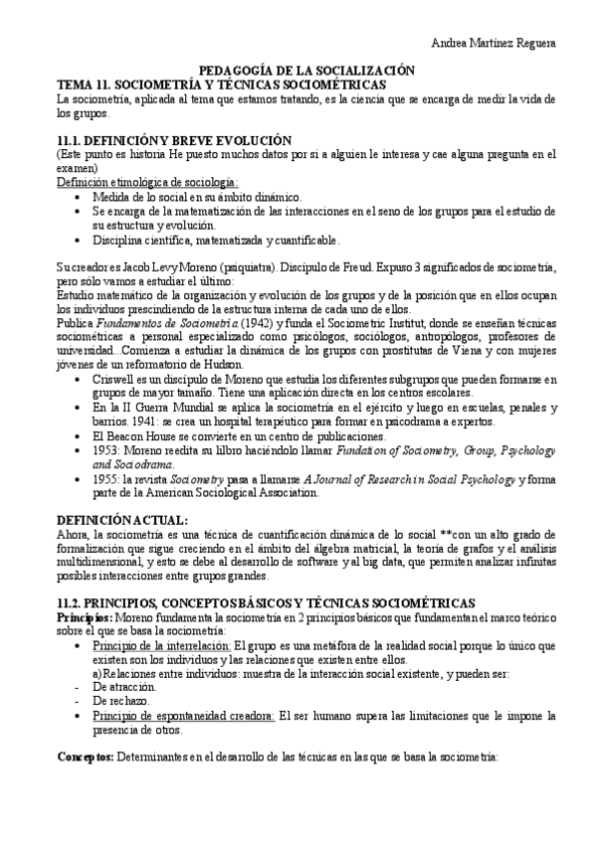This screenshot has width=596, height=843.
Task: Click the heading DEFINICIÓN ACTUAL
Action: (122, 521)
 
